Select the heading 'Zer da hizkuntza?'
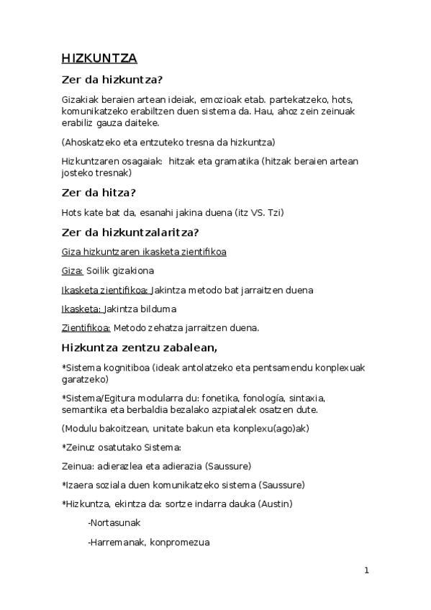pyautogui.click(x=117, y=81)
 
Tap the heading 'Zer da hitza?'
pyautogui.click(x=99, y=193)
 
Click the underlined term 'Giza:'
pyautogui.click(x=73, y=271)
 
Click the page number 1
pyautogui.click(x=367, y=570)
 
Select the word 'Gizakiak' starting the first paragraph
pyautogui.click(x=79, y=99)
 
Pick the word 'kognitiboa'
pyautogui.click(x=123, y=368)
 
